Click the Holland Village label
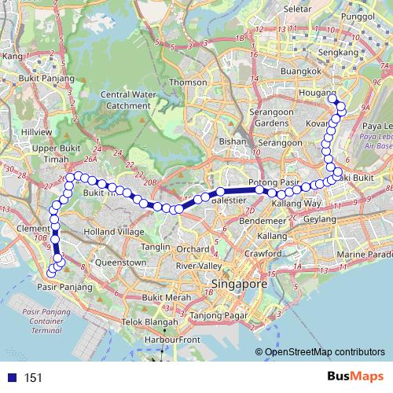pos(114,232)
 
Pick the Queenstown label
pos(120,263)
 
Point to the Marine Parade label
pos(364,255)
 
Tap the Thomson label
pos(188,82)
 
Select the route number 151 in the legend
pos(33,378)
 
